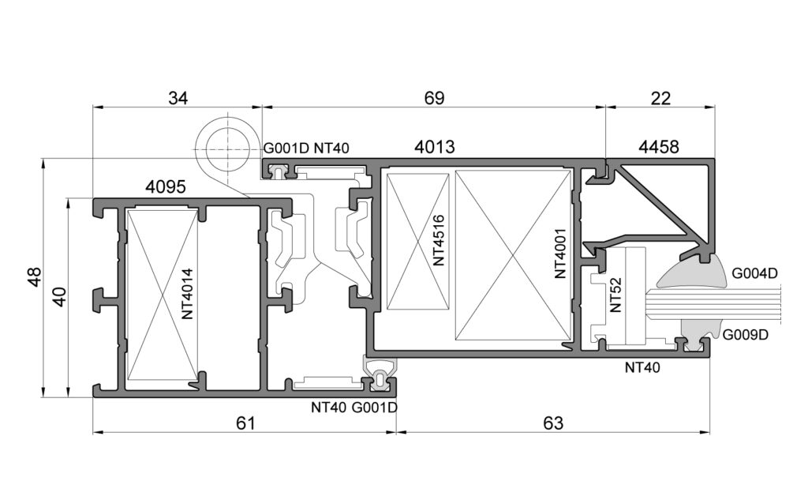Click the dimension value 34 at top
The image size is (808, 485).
[x=178, y=97]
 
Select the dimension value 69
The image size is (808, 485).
[x=434, y=97]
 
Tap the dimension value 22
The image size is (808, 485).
[x=660, y=97]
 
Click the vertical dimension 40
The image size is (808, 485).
[x=60, y=297]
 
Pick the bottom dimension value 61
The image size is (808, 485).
[x=245, y=423]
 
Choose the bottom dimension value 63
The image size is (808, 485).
[x=553, y=423]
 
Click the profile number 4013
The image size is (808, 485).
[x=435, y=147]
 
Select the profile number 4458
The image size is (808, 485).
[x=659, y=147]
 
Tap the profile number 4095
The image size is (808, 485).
[x=166, y=186]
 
